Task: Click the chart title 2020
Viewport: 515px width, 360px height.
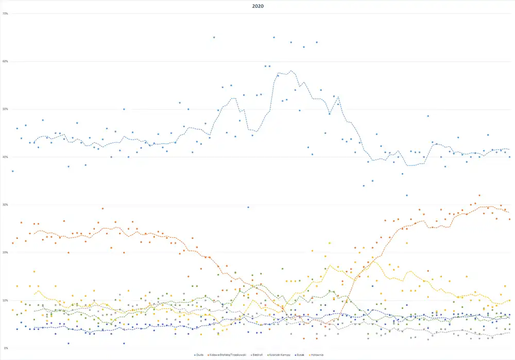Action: click(x=257, y=6)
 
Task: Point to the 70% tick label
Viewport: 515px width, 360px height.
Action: click(x=5, y=13)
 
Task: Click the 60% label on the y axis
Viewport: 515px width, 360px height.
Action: click(x=5, y=61)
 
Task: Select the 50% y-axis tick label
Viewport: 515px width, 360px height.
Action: click(x=5, y=109)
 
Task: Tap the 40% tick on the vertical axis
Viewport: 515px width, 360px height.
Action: click(x=5, y=157)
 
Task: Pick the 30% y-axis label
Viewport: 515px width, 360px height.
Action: click(x=5, y=204)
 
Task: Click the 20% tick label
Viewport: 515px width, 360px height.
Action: click(x=5, y=252)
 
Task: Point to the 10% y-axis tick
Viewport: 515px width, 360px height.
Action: click(x=5, y=300)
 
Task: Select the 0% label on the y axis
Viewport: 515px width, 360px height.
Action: click(x=5, y=348)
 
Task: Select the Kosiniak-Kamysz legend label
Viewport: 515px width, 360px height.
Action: click(x=280, y=354)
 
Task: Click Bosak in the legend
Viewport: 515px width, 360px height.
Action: click(x=303, y=354)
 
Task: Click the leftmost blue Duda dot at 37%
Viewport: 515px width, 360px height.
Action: click(x=12, y=171)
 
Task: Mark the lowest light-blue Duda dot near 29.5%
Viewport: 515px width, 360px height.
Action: click(x=248, y=207)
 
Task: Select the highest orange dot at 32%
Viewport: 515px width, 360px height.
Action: click(x=479, y=195)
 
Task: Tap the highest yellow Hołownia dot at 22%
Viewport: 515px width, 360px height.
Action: click(x=330, y=243)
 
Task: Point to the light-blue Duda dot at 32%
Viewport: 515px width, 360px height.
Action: click(x=406, y=195)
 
